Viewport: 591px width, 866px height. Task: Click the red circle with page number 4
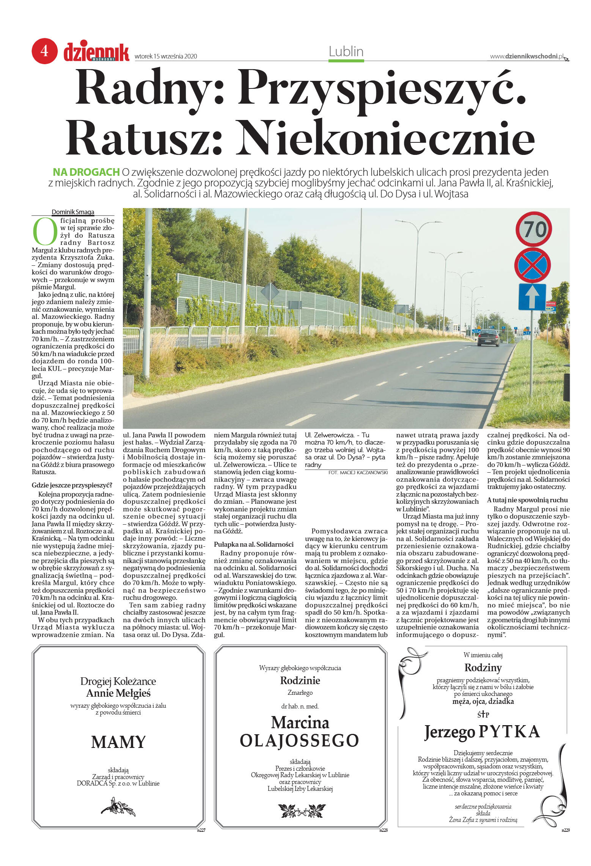(x=44, y=51)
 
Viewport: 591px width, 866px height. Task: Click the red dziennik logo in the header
(x=96, y=52)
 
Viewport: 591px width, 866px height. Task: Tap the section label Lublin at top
(x=346, y=52)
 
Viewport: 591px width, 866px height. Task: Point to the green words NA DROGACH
(x=86, y=172)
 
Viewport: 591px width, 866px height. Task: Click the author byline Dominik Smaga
(x=73, y=212)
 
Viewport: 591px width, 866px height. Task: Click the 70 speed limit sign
(x=533, y=229)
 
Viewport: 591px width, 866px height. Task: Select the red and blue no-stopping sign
(x=533, y=265)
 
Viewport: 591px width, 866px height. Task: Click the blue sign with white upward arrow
(x=532, y=297)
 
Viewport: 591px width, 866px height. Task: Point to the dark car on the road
(x=489, y=337)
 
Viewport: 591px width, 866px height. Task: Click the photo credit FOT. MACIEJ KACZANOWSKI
(x=358, y=472)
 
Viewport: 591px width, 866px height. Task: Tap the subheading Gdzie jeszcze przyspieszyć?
(x=72, y=485)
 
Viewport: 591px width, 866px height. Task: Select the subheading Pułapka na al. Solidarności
(x=254, y=544)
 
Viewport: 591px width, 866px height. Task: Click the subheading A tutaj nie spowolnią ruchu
(x=527, y=500)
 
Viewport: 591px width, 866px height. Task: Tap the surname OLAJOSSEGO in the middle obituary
(x=300, y=740)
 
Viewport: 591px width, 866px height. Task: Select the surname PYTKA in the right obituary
(x=509, y=732)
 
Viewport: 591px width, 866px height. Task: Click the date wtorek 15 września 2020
(x=166, y=57)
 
